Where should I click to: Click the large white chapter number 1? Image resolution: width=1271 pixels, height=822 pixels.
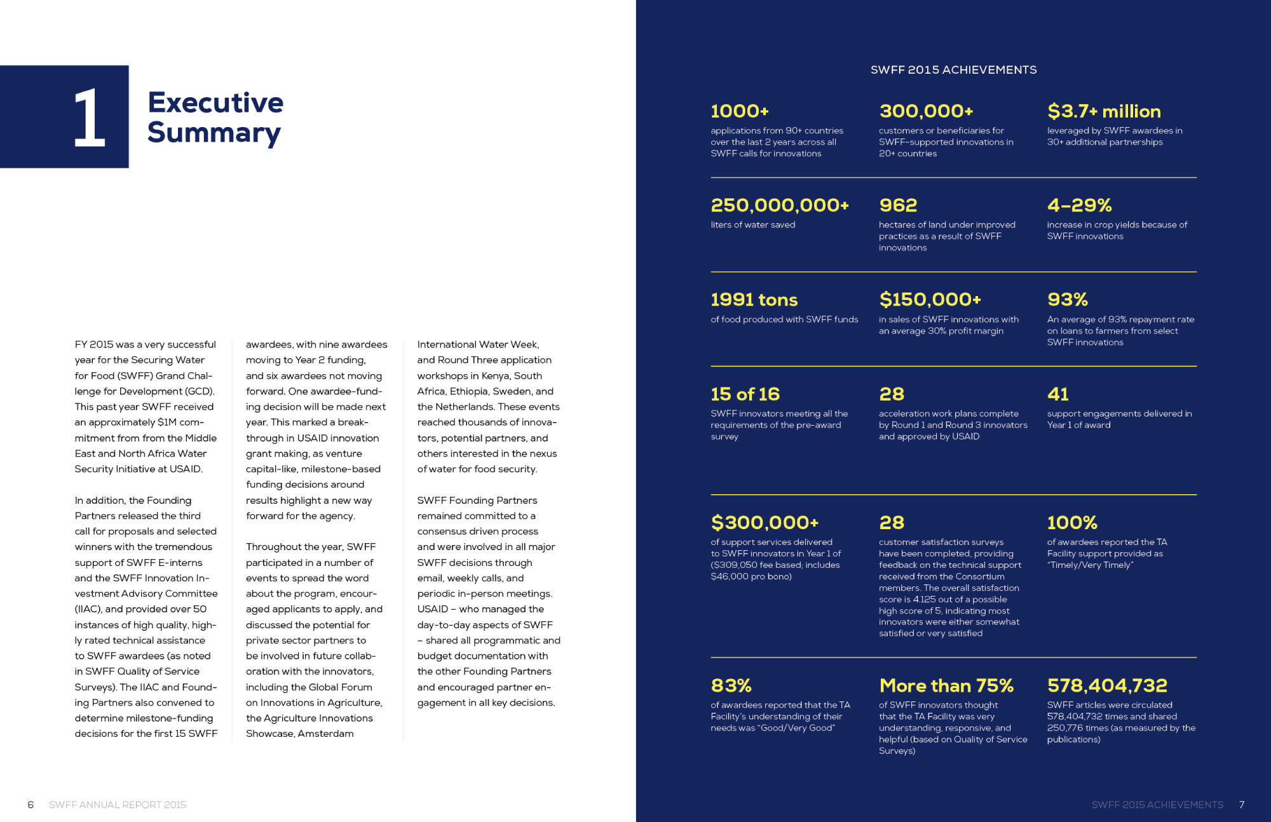(89, 118)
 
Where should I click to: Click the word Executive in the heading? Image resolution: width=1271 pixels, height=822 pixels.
(215, 102)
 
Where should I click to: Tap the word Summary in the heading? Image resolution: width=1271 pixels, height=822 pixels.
(214, 133)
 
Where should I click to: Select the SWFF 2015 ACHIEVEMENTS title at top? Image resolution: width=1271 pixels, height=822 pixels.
(953, 70)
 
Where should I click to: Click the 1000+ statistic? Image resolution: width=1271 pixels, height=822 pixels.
(740, 111)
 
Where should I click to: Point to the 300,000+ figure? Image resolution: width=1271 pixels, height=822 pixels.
(926, 111)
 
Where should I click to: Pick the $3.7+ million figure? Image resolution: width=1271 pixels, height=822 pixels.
(1104, 111)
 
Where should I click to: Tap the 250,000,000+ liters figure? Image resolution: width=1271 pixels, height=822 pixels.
(780, 205)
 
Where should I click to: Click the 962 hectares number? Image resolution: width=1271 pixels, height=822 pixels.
(898, 205)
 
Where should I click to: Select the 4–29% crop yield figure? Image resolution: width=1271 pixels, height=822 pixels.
(1080, 205)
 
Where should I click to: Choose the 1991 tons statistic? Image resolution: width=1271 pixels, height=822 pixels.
(754, 299)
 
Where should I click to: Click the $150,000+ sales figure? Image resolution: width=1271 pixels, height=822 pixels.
(930, 299)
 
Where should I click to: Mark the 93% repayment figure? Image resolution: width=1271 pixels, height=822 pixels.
(1068, 299)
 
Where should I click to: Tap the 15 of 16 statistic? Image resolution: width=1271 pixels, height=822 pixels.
(745, 394)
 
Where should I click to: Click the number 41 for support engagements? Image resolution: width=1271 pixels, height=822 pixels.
(1058, 394)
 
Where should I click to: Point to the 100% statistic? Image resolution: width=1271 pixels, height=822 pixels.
(1072, 522)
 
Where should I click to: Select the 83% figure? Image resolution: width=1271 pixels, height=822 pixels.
(731, 685)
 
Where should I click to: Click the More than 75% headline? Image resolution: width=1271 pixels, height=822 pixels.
(946, 685)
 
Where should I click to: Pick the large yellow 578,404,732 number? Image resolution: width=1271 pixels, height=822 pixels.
(1107, 685)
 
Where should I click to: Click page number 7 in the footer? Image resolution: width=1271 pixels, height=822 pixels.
(1242, 805)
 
